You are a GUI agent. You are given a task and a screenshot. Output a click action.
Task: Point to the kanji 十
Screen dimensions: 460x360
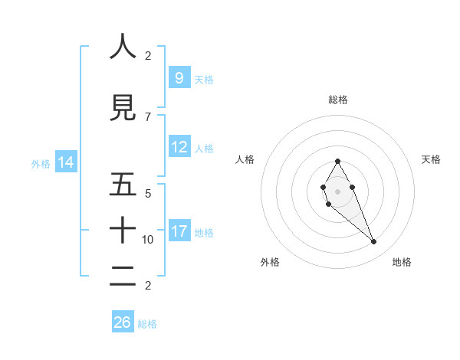123,230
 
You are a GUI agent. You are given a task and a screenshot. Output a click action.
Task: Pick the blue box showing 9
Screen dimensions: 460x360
179,77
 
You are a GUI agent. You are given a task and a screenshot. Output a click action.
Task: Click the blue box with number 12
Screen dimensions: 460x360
179,147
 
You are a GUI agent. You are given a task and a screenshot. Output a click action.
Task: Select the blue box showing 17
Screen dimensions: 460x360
179,231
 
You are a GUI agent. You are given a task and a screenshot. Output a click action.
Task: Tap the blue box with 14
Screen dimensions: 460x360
66,162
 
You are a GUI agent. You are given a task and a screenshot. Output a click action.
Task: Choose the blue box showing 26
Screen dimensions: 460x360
123,322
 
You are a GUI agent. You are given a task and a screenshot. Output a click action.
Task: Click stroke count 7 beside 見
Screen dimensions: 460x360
148,117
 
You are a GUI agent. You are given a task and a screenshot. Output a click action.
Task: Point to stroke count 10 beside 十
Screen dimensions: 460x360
148,240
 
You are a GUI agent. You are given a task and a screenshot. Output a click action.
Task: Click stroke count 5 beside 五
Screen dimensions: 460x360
148,193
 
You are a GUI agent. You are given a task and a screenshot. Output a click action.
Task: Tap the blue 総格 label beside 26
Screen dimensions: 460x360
147,324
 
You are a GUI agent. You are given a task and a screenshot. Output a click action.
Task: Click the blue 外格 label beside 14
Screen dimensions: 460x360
41,163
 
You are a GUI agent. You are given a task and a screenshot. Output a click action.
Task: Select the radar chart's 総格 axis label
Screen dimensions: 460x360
337,100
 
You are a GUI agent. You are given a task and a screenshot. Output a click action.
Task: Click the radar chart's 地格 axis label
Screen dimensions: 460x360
402,262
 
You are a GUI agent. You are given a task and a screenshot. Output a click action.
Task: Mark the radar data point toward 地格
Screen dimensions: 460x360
373,242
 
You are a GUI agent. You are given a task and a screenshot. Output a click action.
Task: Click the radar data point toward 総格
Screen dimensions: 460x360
337,161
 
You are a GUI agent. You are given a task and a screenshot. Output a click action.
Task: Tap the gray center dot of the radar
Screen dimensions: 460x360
337,191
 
